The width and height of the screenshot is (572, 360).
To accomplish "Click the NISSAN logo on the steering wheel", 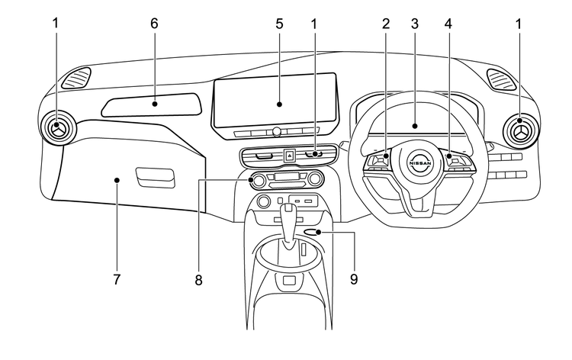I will [420, 163].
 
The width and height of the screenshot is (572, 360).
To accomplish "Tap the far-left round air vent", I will [56, 128].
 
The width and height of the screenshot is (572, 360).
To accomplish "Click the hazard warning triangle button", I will [289, 156].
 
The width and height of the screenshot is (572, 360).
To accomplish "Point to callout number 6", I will [154, 24].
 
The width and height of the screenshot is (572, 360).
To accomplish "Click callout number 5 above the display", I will [279, 24].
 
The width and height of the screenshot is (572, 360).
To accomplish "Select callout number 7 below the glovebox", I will [117, 280].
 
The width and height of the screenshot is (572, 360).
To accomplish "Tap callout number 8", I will [198, 280].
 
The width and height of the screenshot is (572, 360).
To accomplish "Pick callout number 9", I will [354, 280].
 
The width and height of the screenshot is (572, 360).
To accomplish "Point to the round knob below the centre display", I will [277, 131].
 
